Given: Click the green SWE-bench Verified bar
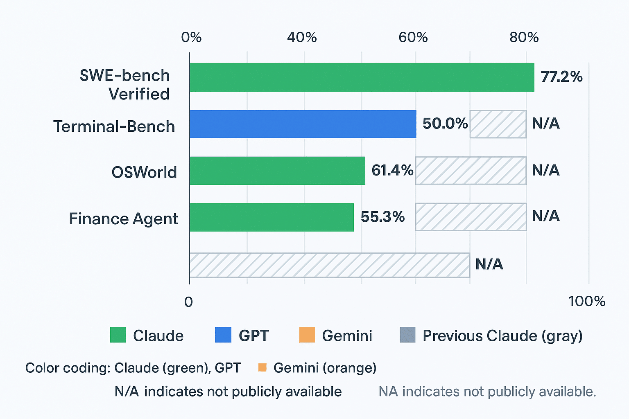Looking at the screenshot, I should (x=362, y=77).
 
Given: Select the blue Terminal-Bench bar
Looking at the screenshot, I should (x=303, y=124).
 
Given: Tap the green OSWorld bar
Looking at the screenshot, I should (x=277, y=171).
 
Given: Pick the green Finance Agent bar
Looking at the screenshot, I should (x=272, y=217).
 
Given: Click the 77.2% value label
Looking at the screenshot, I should (x=561, y=77).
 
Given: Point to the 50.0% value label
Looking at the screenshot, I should (x=445, y=124).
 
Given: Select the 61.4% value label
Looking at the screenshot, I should (x=392, y=170).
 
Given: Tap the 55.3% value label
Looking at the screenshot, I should (x=382, y=217).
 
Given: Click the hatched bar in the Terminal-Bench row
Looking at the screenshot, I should (x=498, y=124).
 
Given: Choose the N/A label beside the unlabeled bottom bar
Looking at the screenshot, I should (x=489, y=264).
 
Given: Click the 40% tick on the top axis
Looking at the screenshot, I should (x=302, y=38).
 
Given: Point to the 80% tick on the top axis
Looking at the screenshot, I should (x=524, y=38).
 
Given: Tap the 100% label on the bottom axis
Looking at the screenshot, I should (x=586, y=302).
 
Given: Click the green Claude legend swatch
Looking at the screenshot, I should (x=118, y=335).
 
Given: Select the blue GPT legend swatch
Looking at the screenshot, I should (x=223, y=335).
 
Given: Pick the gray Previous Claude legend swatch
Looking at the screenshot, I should (x=407, y=335).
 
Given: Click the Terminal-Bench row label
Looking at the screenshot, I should (x=114, y=126).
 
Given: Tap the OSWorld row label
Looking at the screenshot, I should (x=144, y=172).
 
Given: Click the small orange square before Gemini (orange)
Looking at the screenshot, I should (x=262, y=367).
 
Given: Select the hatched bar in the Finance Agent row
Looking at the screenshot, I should (x=471, y=217).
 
